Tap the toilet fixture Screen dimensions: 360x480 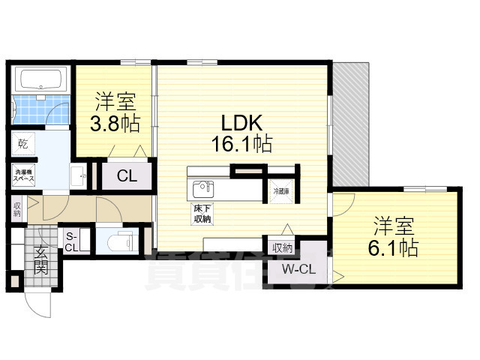coord(118,241)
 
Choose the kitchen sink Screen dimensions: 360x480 coord(202,187)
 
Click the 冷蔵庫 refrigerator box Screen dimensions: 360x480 coord(281,190)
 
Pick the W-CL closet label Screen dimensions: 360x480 coord(297,269)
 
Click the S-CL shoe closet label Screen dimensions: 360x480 coord(73,241)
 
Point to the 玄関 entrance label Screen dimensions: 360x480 coord(42,258)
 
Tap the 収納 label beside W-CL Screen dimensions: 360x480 coord(282,247)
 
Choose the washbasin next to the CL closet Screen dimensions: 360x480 coord(79,177)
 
